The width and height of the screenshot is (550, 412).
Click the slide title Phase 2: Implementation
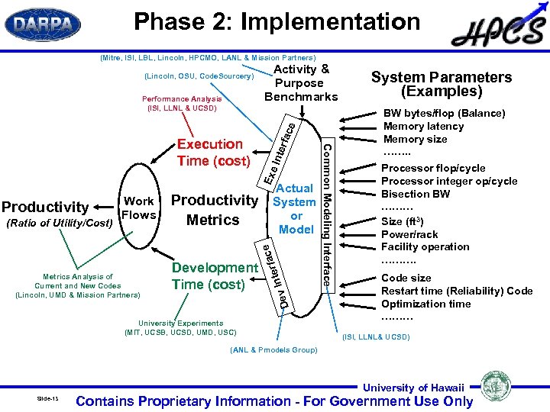tap(277, 22)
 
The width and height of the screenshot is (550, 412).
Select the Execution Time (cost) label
tap(213, 153)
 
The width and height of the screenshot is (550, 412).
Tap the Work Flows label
tap(138, 208)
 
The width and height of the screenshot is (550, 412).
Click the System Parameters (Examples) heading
tap(442, 84)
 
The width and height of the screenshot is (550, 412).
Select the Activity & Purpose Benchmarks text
tap(300, 82)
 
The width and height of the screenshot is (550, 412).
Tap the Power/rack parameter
tap(409, 234)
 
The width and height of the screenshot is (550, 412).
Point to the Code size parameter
tap(406, 278)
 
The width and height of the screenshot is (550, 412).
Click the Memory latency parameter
tap(423, 126)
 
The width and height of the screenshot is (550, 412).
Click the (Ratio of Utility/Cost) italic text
tap(58, 222)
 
